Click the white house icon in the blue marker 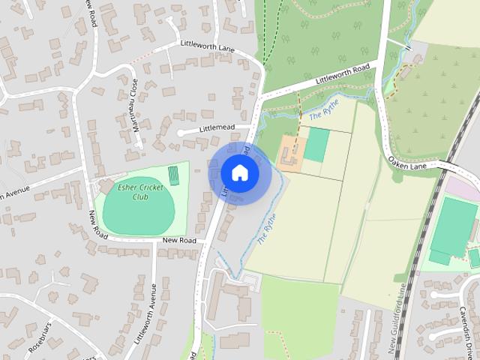(239, 172)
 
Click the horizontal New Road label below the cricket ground (178, 240)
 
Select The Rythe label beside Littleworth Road (325, 111)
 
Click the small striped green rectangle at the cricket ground (174, 175)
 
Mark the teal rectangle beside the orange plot (316, 145)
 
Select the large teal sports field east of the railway (453, 225)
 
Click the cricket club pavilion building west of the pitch (106, 184)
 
